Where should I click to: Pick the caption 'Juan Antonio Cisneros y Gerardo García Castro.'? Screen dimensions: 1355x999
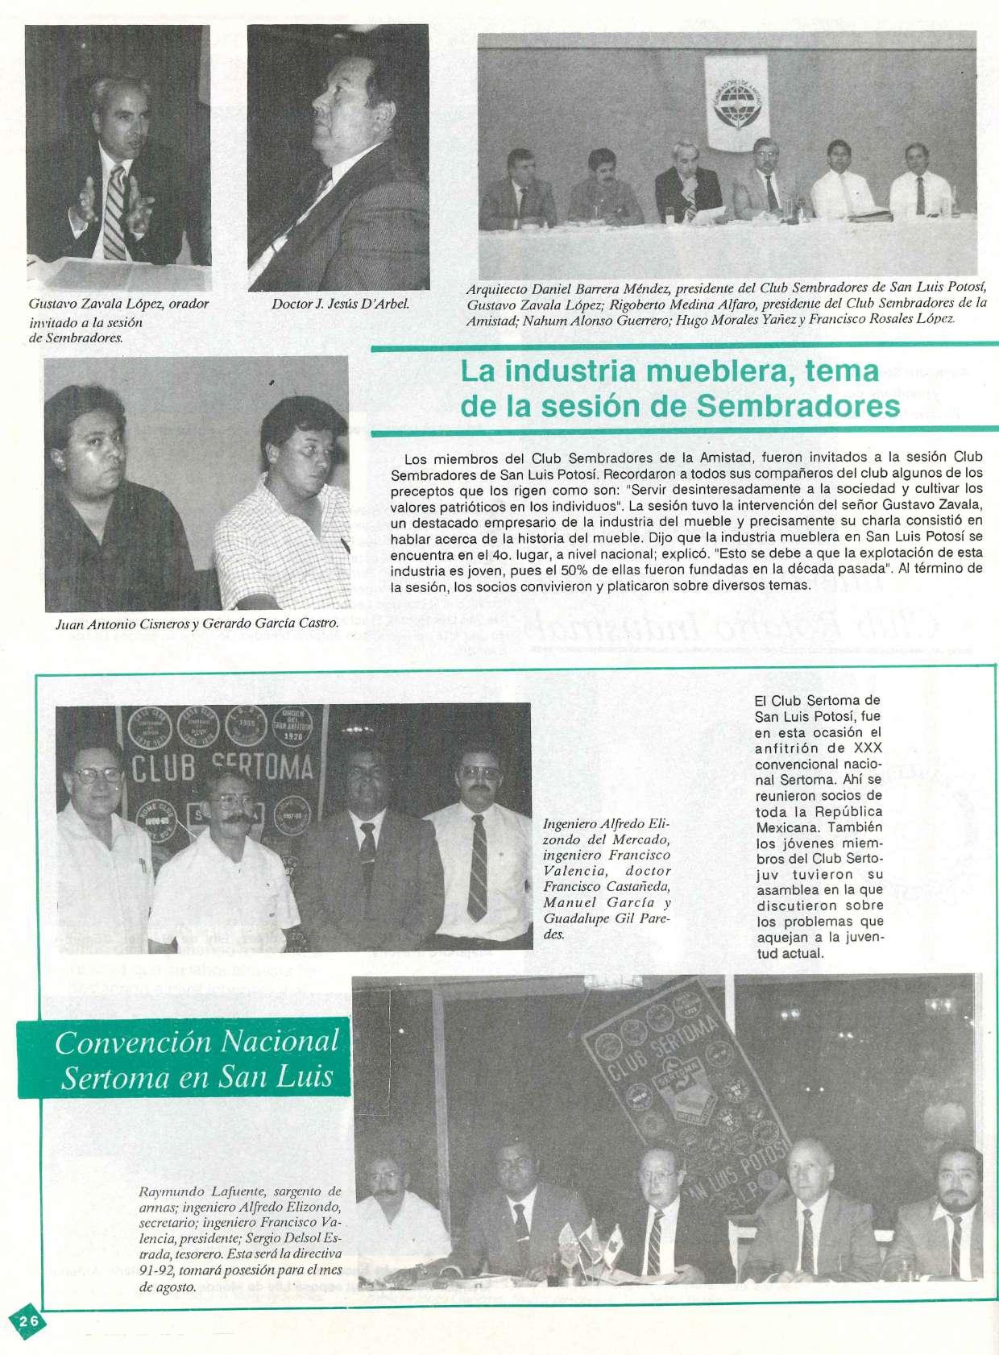point(197,624)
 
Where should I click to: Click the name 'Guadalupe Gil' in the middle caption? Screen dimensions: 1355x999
point(588,918)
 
